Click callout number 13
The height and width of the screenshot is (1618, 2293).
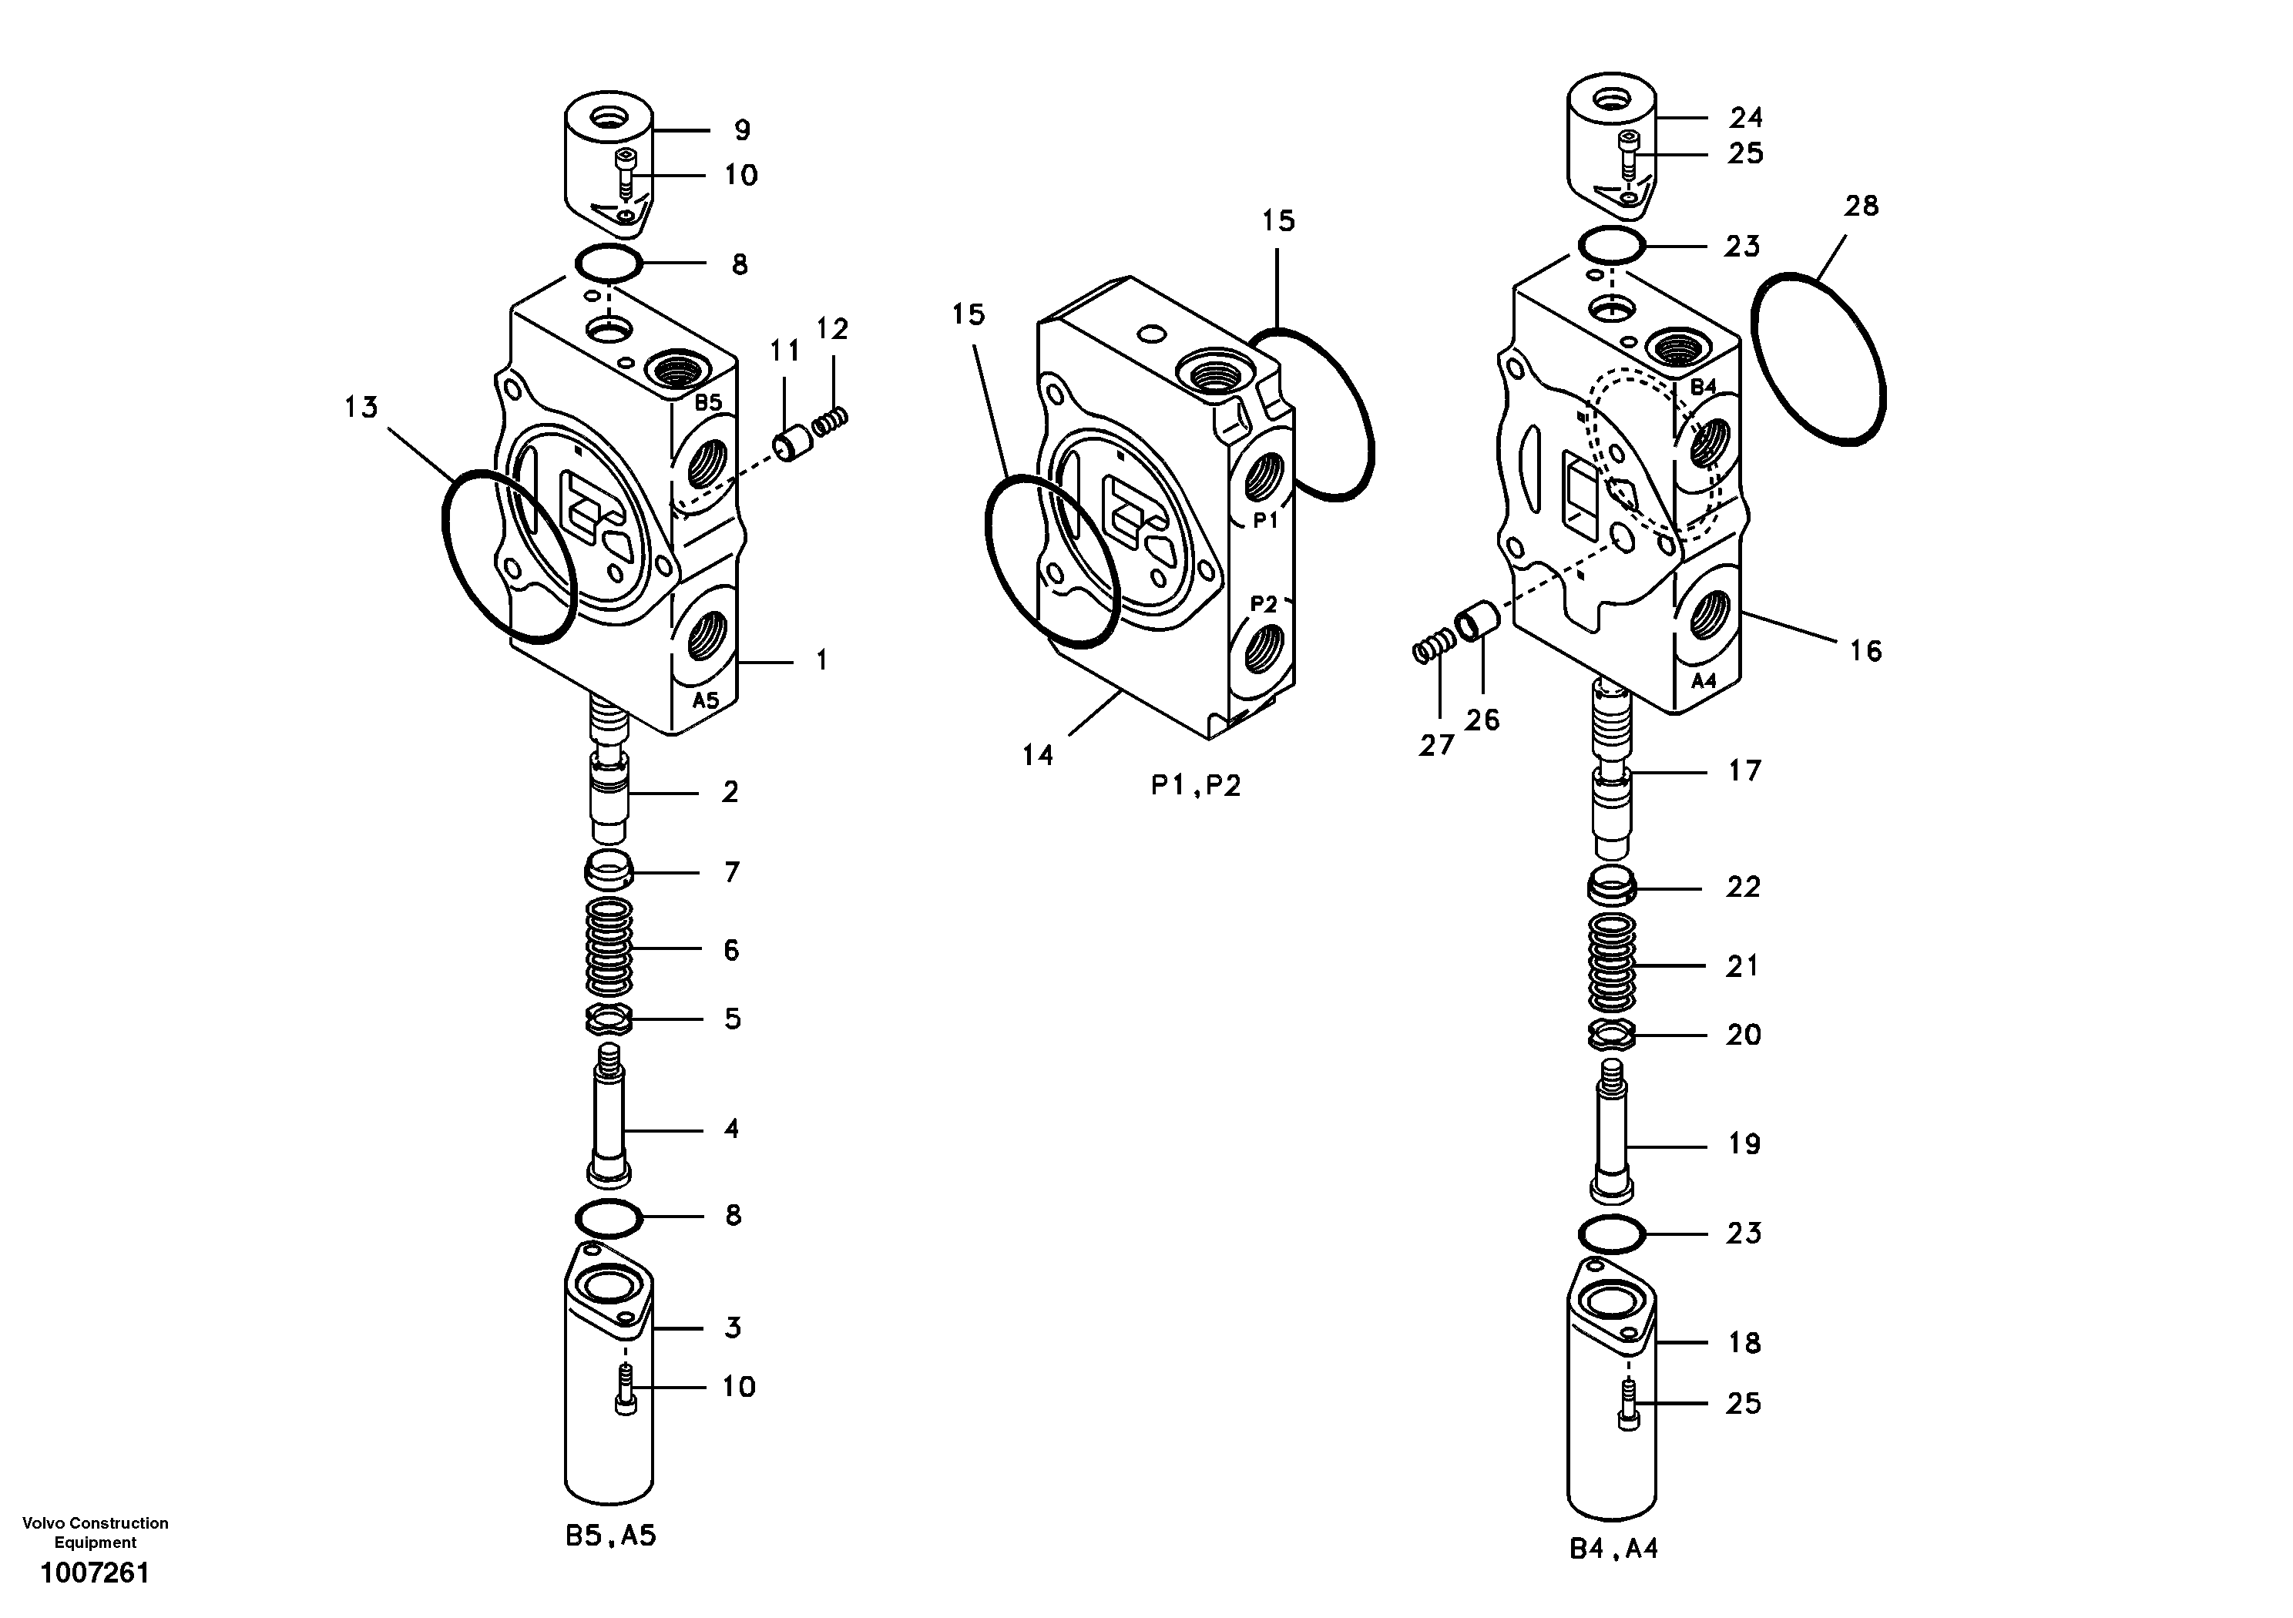[361, 407]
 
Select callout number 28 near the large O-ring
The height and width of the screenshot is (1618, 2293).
[1861, 206]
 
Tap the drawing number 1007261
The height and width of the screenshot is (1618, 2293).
[95, 1574]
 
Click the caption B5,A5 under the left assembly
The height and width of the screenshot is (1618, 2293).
[610, 1536]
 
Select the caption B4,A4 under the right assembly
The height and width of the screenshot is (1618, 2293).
[1614, 1549]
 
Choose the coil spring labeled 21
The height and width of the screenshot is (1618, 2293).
[1613, 961]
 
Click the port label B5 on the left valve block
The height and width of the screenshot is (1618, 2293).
[707, 402]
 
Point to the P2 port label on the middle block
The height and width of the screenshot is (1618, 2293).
[1264, 603]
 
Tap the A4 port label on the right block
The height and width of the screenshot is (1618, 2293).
[1703, 680]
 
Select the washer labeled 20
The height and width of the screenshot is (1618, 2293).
[1612, 1036]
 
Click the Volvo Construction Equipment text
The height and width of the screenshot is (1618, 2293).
[95, 1532]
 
